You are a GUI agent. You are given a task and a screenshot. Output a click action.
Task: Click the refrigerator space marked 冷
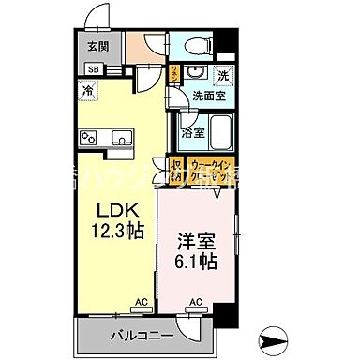87,91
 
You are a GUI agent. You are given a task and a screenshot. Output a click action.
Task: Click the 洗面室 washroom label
207,96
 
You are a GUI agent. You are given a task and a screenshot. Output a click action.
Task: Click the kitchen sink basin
120,139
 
